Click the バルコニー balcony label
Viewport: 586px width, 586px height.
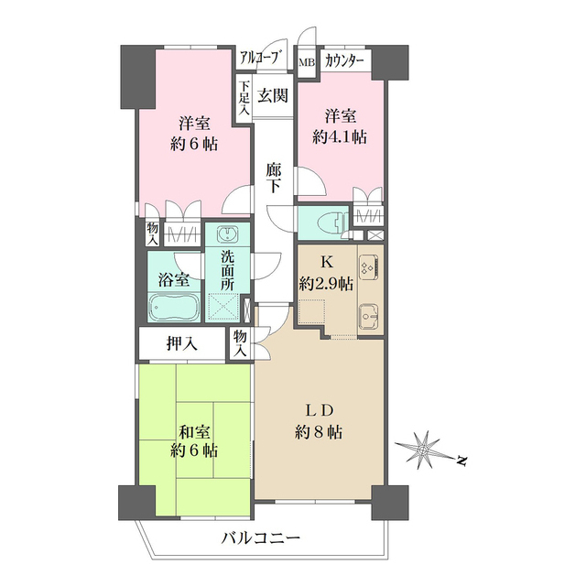point(261,538)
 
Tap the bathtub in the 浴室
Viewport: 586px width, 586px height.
point(173,308)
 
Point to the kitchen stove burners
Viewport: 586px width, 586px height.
point(369,267)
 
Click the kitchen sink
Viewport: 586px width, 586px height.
point(369,316)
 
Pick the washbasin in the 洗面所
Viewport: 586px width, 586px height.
point(227,234)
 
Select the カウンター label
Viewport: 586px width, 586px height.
point(344,61)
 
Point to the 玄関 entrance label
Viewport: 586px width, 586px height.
point(273,96)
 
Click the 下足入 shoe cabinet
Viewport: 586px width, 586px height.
point(244,99)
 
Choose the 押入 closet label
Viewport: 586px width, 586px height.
point(181,344)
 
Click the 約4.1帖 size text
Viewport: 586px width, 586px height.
point(340,137)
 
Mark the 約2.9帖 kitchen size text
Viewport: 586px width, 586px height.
point(326,285)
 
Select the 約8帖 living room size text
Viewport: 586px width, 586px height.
point(319,432)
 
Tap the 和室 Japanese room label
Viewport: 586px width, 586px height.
point(194,432)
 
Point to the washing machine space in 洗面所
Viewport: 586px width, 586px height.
point(223,307)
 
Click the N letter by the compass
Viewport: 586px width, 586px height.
point(462,461)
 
